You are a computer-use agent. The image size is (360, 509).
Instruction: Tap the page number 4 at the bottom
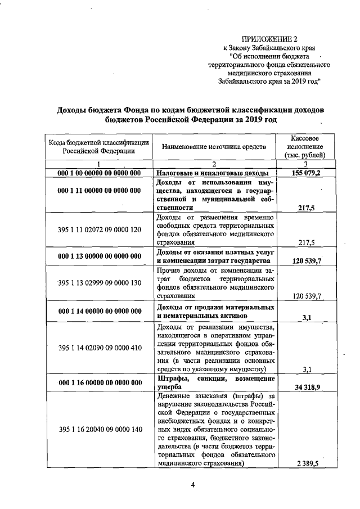tap(192, 487)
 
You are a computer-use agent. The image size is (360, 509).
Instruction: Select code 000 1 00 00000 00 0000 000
tap(99, 173)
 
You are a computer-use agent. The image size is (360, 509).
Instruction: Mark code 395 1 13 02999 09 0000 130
tap(99, 282)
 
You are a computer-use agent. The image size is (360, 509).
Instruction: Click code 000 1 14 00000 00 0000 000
tap(99, 312)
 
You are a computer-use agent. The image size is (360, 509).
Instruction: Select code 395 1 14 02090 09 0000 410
tap(99, 348)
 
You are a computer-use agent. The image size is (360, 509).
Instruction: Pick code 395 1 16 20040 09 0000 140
tap(99, 430)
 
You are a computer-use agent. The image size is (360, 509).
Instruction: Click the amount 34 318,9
tap(306, 388)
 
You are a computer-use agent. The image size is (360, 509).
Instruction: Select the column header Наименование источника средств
tap(213, 147)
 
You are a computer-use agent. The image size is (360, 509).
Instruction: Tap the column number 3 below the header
tap(305, 164)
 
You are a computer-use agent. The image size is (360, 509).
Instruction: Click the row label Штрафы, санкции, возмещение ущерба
tap(213, 383)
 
